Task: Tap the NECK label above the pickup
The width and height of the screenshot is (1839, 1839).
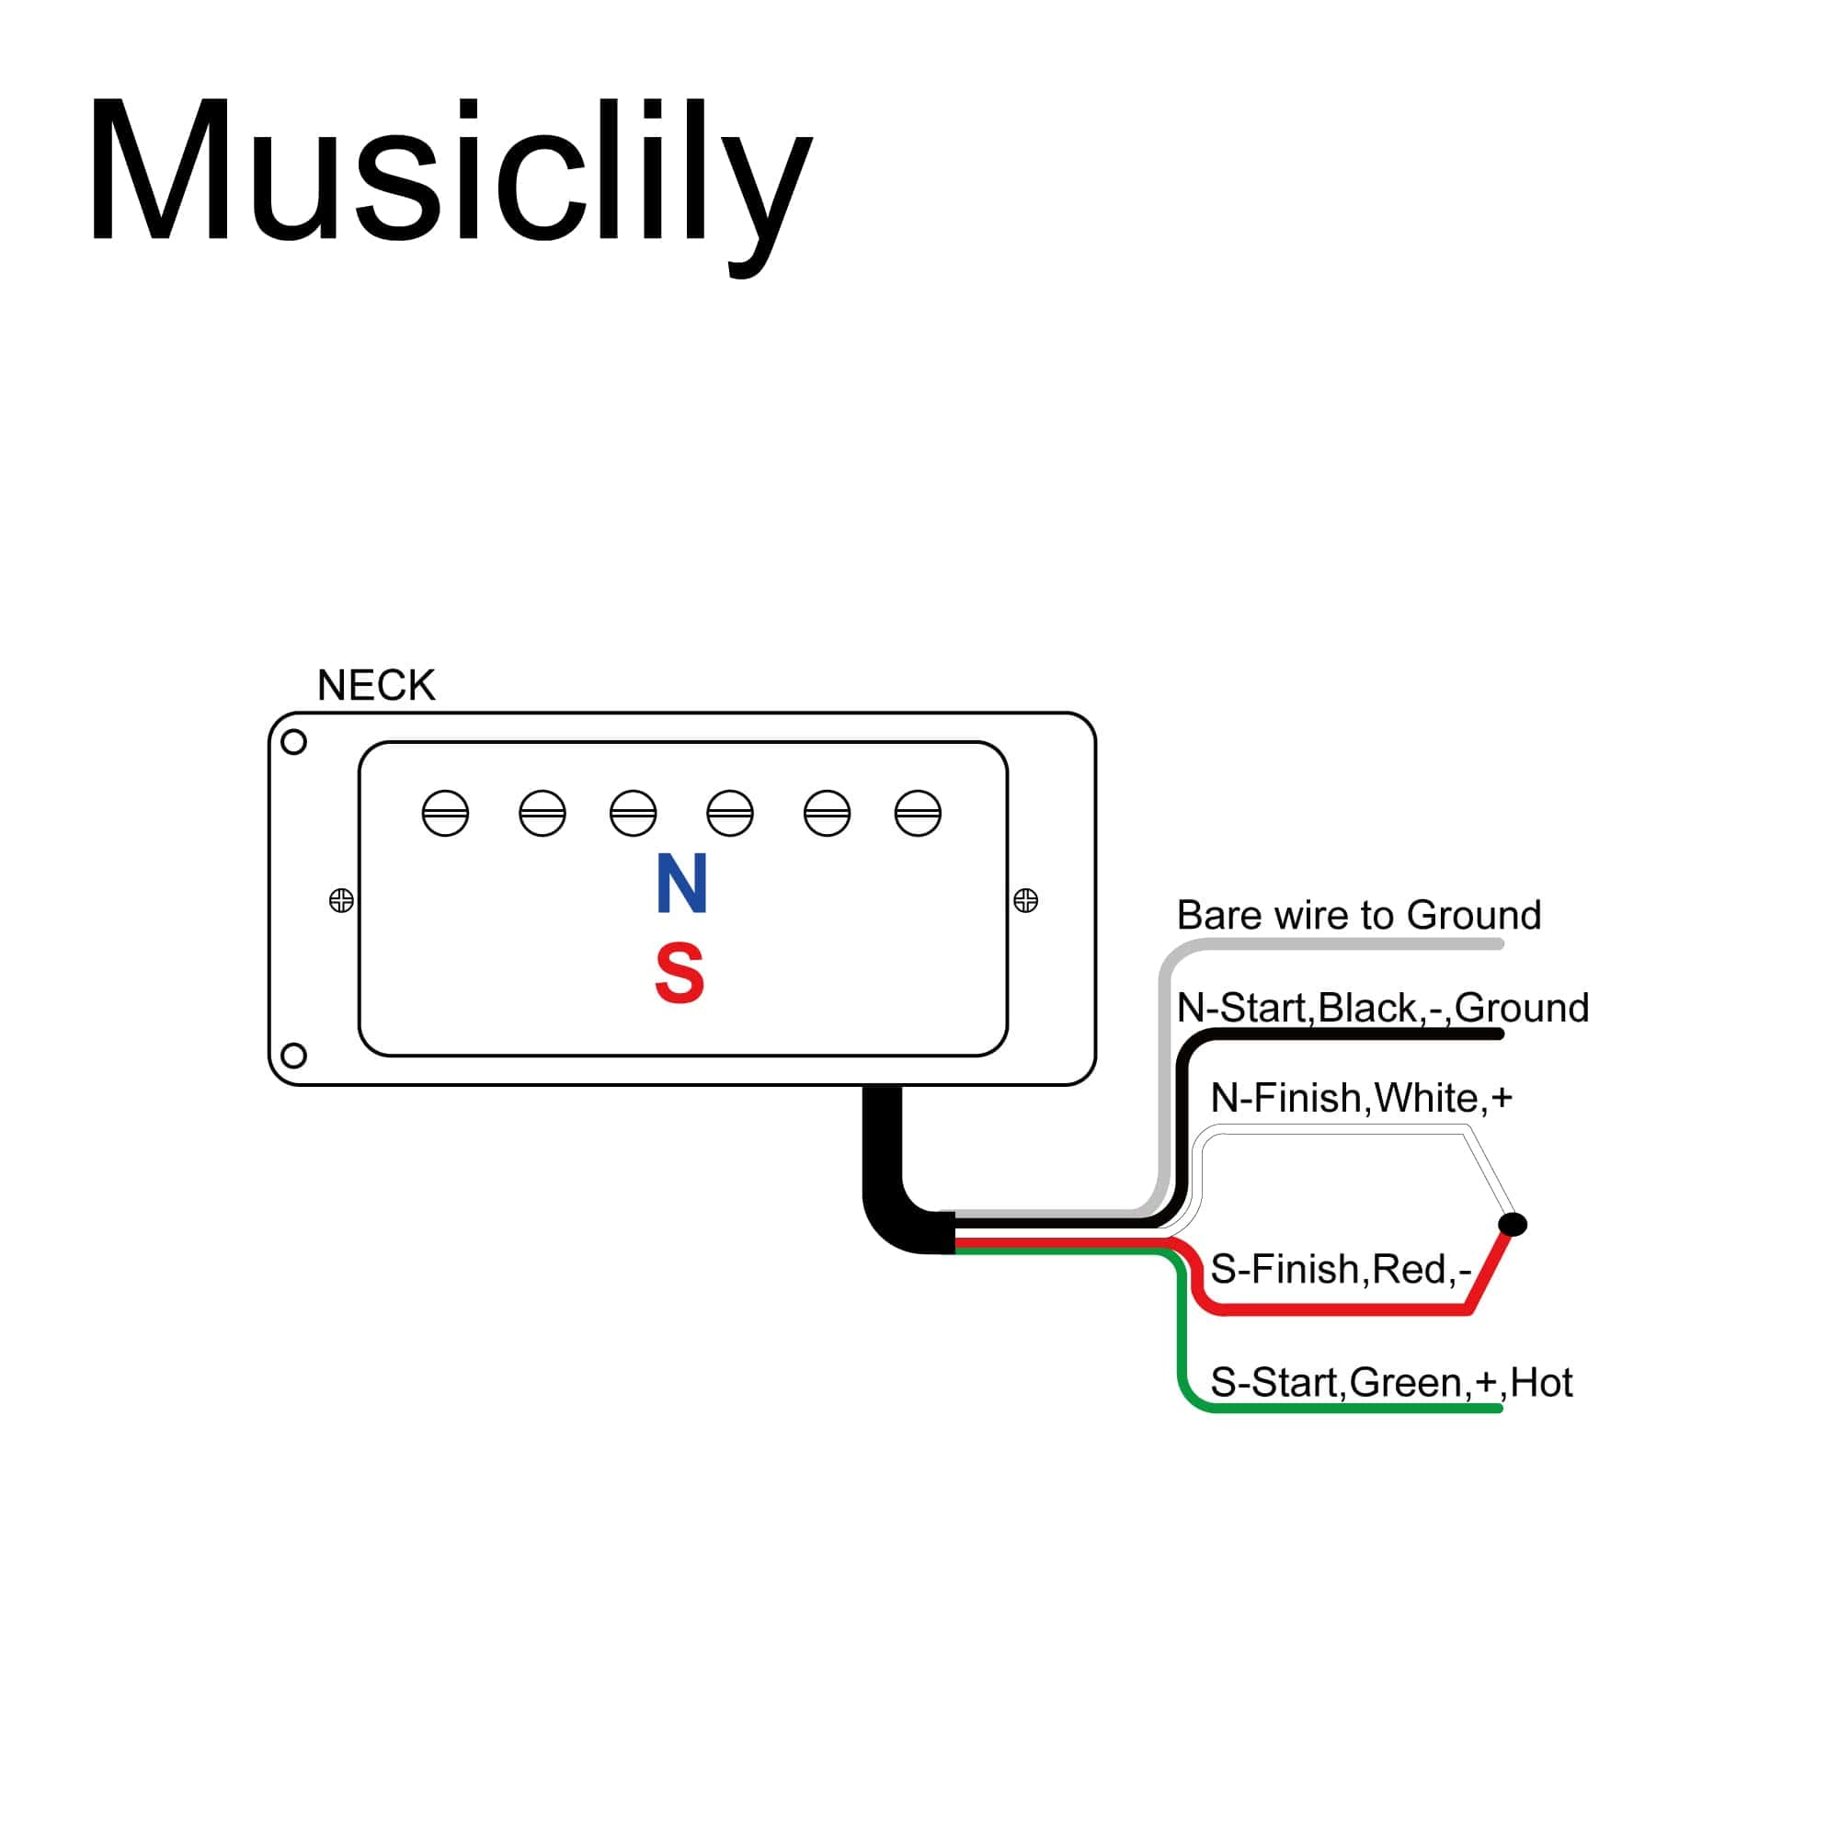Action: pos(376,685)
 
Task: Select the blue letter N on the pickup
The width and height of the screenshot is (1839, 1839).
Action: pos(681,884)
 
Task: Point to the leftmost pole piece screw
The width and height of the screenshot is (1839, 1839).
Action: pos(445,813)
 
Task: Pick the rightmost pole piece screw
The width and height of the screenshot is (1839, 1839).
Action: pos(918,813)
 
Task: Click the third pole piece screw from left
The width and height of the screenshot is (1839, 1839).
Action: pos(633,813)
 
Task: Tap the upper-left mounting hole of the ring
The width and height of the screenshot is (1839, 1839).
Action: pos(294,741)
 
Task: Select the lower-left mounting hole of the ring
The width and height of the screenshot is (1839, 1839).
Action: pos(294,1055)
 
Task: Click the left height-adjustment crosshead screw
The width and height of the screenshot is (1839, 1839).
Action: pos(341,899)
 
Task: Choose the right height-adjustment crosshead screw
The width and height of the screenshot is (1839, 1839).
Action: pos(1025,899)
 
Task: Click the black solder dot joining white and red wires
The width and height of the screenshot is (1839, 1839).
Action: pos(1513,1224)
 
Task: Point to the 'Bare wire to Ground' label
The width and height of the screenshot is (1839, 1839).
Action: pos(1358,915)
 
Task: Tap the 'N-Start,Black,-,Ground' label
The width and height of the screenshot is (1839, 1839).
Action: pos(1382,1007)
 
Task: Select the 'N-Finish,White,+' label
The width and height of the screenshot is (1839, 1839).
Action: pos(1361,1098)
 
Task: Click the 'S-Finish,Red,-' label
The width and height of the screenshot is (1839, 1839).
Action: pos(1341,1269)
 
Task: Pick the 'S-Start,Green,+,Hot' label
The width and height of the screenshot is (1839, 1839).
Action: pos(1390,1382)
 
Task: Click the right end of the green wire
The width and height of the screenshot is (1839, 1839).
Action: pos(1498,1408)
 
